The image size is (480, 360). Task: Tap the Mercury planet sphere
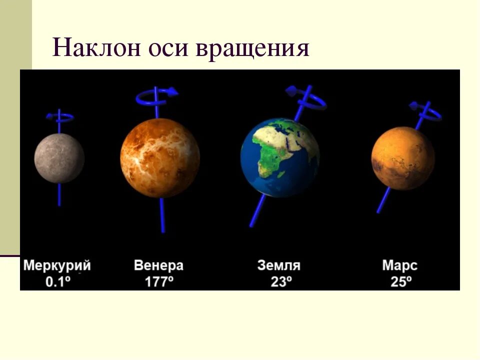coord(59,158)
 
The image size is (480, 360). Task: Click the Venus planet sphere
coord(160,157)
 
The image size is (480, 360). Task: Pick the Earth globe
coord(280,157)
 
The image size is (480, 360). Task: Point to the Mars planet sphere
coord(403,158)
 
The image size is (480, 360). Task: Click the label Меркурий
coord(57,265)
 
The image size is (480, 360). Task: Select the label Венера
coord(159,265)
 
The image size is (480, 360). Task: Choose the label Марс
coord(400,265)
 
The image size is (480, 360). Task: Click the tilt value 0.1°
coord(57,281)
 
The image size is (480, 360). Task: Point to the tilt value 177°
coord(159,281)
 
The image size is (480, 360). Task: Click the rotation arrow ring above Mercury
coord(60,117)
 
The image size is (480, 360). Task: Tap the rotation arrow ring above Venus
coord(156,96)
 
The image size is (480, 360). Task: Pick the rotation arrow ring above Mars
coord(426,111)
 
